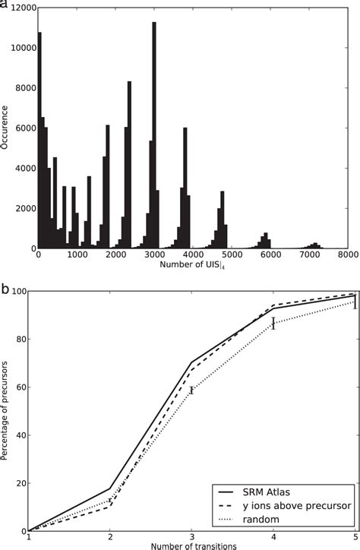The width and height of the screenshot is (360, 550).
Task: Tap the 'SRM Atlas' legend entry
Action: click(286, 486)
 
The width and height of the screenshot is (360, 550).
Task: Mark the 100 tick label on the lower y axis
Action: click(17, 292)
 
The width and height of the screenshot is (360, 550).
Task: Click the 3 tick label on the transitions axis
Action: click(192, 536)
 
